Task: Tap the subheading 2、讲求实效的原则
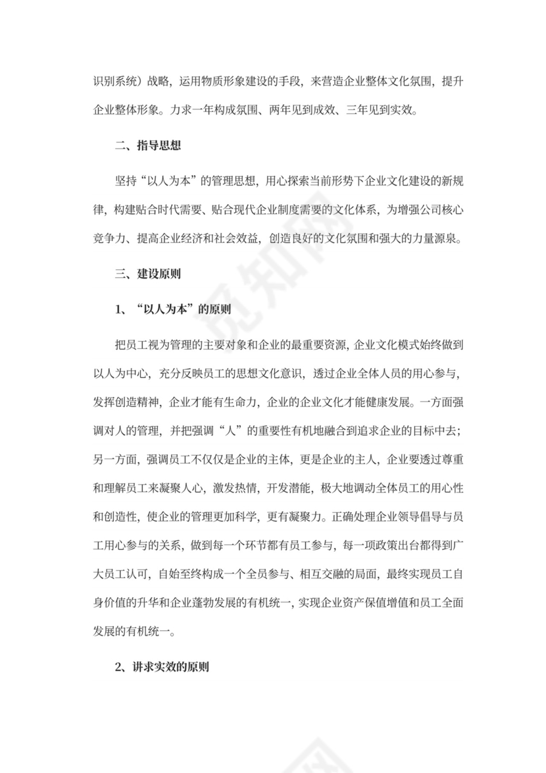pos(162,666)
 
